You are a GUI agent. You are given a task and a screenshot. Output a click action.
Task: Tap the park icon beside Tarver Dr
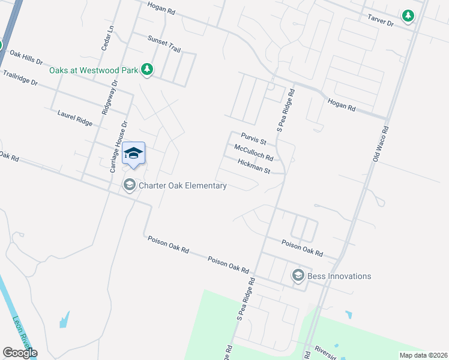(408, 16)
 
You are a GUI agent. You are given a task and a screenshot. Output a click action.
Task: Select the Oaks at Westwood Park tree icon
(146, 70)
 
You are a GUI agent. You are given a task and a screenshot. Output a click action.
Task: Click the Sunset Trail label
(164, 43)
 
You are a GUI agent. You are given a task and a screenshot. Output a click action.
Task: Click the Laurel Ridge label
(75, 117)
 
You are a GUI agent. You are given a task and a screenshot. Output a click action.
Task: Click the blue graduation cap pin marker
(134, 154)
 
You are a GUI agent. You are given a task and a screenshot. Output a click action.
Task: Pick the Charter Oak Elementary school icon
(129, 185)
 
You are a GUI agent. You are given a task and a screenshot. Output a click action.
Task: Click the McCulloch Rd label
(253, 153)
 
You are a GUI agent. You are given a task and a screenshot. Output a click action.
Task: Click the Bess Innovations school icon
(297, 275)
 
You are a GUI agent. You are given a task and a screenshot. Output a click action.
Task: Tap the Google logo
(20, 352)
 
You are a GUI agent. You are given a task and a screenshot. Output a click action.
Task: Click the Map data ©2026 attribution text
(423, 355)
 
